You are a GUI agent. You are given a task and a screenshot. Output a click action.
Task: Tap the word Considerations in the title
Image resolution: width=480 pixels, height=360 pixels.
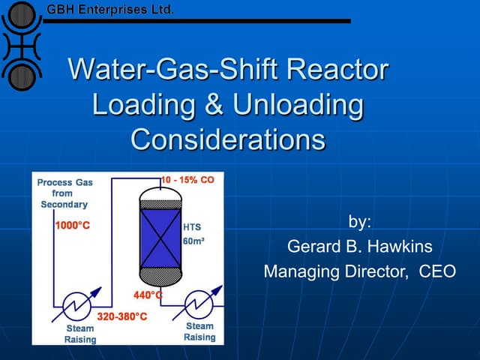[x=229, y=139]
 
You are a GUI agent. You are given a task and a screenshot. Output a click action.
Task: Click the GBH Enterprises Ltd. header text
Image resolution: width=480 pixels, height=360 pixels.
[x=110, y=10]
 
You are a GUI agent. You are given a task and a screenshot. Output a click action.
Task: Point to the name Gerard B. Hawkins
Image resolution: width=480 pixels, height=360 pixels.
[x=360, y=246]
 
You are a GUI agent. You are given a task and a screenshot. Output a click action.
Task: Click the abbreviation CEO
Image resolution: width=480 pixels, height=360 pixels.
[x=436, y=271]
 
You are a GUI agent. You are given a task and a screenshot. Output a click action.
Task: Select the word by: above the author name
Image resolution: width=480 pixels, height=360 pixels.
[x=360, y=221]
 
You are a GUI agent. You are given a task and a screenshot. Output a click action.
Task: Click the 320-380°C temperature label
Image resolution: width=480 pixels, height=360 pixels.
[x=122, y=316]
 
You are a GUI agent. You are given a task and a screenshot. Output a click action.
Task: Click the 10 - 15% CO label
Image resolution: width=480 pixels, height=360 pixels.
[x=188, y=180]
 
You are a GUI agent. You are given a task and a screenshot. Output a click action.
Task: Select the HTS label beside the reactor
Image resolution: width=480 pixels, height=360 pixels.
[x=192, y=226]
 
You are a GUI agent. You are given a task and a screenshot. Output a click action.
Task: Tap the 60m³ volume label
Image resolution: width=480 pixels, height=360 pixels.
[x=194, y=241]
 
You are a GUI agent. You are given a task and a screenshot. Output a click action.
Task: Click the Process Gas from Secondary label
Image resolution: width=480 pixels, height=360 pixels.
[x=64, y=193]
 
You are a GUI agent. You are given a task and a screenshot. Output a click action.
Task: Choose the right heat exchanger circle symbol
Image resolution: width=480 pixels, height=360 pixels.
[x=200, y=306]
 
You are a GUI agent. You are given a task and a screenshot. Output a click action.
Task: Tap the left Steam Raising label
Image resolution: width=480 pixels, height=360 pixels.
[x=79, y=334]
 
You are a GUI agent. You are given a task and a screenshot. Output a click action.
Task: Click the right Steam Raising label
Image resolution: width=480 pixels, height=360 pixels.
[x=199, y=331]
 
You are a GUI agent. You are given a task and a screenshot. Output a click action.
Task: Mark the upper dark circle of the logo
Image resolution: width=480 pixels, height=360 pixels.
[x=20, y=16]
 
